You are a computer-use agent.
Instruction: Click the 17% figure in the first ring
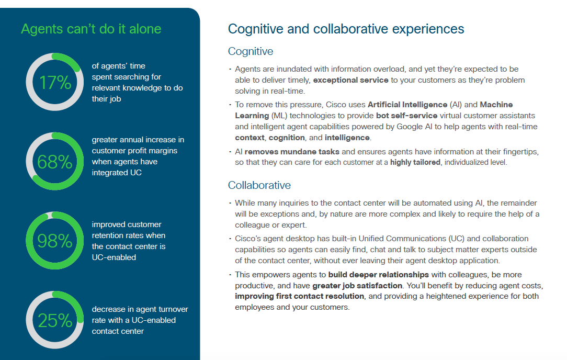click(x=55, y=83)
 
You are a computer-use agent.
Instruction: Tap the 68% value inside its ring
click(x=54, y=162)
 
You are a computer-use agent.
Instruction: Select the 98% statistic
click(x=54, y=241)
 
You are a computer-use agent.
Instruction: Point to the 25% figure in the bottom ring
click(x=55, y=321)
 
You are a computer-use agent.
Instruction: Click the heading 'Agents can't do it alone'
click(x=91, y=29)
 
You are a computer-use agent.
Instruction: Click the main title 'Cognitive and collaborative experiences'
click(x=346, y=29)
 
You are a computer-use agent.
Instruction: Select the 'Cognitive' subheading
click(x=250, y=51)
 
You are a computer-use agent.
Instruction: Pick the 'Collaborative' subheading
click(x=259, y=185)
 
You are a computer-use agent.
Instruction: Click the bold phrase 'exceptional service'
click(x=350, y=80)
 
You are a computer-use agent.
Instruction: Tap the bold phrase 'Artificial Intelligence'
click(x=407, y=105)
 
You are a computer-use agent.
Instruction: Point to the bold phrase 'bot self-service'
click(x=407, y=116)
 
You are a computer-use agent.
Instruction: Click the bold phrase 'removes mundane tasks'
click(x=292, y=152)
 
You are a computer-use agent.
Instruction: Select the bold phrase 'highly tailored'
click(x=415, y=162)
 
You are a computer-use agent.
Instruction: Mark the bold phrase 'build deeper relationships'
click(x=378, y=275)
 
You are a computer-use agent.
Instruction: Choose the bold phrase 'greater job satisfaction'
click(x=357, y=286)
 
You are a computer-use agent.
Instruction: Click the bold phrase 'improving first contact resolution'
click(x=299, y=296)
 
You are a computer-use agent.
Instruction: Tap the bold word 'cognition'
click(x=287, y=138)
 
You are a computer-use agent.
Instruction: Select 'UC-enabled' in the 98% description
click(x=114, y=257)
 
